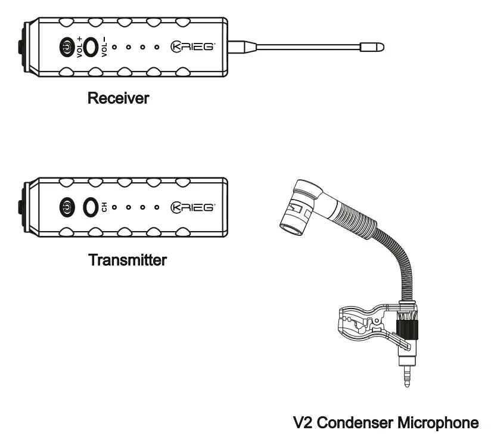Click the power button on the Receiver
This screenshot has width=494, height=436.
click(x=67, y=46)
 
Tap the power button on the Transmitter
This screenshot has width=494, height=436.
click(x=67, y=207)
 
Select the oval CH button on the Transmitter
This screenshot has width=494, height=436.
click(x=91, y=207)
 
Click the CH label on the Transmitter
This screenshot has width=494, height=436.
click(x=104, y=207)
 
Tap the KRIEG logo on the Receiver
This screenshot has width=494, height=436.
click(x=192, y=46)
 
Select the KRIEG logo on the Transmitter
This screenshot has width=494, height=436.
click(x=192, y=207)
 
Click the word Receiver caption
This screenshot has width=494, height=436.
click(x=118, y=98)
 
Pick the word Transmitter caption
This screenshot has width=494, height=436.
click(x=127, y=260)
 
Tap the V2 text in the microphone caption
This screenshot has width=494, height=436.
click(x=303, y=423)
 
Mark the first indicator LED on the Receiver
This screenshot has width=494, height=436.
click(x=114, y=46)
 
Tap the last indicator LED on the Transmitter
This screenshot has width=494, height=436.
click(x=157, y=207)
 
